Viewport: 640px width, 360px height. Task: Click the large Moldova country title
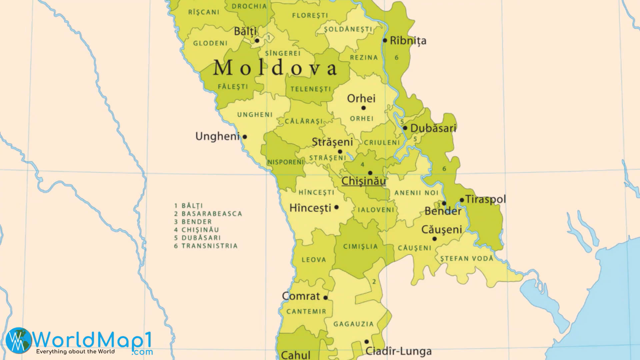coord(275,68)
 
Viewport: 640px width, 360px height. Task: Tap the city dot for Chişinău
coord(370,173)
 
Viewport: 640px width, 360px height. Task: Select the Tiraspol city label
coord(486,199)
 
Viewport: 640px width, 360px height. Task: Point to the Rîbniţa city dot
coord(385,41)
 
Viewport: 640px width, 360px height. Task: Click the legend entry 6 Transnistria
coord(206,246)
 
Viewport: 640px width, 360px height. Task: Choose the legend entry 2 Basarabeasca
coord(208,214)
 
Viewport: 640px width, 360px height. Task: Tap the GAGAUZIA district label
coord(354,324)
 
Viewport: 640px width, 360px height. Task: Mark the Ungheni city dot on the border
coord(245,137)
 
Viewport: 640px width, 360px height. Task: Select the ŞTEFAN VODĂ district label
coord(467,259)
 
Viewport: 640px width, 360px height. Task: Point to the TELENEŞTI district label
coord(311,89)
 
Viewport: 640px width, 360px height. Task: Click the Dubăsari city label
coord(433,128)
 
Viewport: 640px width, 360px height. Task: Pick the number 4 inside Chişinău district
coord(362,164)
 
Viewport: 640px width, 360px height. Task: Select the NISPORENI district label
coord(286,162)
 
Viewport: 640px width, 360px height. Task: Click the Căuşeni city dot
coord(434,239)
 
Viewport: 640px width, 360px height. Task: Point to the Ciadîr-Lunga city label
coord(399,351)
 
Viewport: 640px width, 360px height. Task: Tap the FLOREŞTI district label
coord(310,15)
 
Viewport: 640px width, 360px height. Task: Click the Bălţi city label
coord(245,31)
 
